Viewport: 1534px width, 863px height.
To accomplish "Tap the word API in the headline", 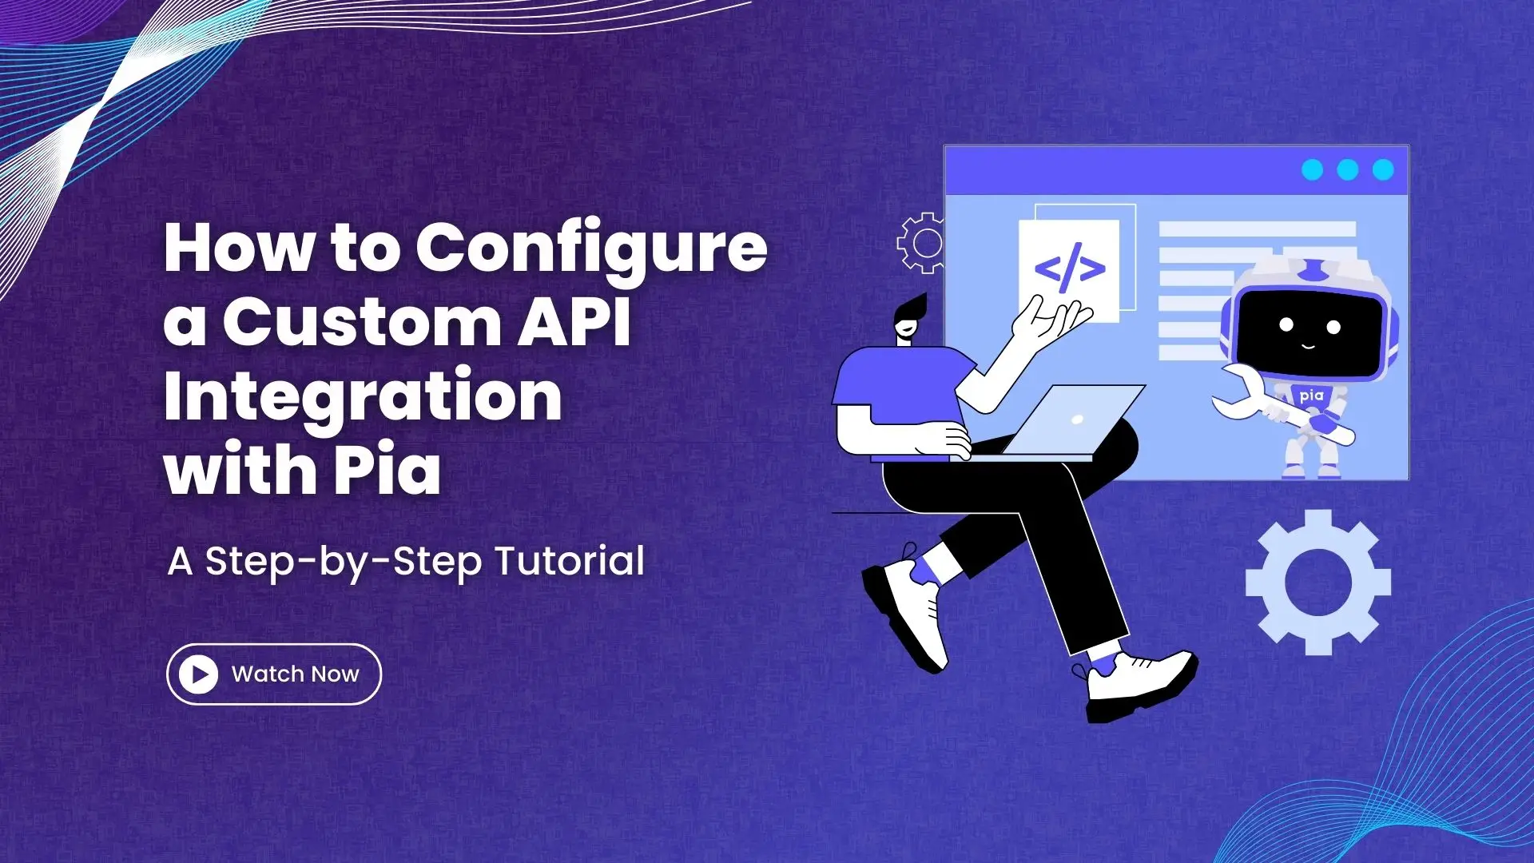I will (x=574, y=321).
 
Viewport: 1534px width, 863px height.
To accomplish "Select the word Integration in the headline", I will (x=363, y=396).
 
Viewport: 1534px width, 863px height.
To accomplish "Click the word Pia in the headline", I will (x=387, y=470).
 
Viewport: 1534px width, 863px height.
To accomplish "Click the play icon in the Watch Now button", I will (x=198, y=674).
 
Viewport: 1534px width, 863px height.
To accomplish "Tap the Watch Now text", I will (x=295, y=674).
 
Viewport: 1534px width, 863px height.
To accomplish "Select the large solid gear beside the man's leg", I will (x=1317, y=583).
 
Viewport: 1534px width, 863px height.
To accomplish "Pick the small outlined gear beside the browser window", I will (x=923, y=243).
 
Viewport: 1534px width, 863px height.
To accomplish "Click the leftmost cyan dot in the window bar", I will (x=1312, y=169).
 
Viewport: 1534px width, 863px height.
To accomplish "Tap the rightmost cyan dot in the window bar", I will (x=1383, y=169).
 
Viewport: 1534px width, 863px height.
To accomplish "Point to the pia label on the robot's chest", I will (x=1310, y=396).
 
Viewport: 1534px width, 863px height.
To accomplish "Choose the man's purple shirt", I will (x=903, y=384).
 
